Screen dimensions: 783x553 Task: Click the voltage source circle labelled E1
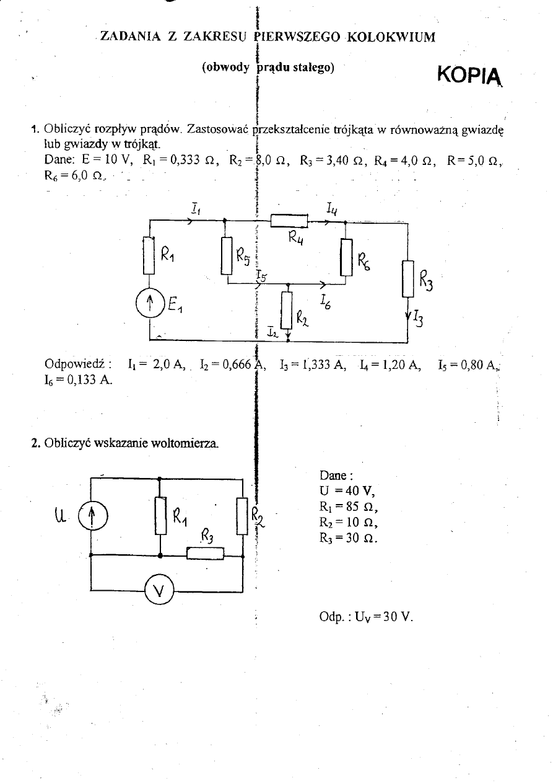[x=149, y=304]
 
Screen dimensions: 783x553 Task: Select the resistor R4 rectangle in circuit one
[x=289, y=221]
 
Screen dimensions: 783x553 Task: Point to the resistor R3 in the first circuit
[x=407, y=278]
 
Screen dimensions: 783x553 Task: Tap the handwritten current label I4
[x=331, y=206]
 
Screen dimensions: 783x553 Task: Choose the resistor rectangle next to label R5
[x=226, y=255]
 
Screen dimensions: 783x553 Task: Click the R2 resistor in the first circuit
[x=287, y=309]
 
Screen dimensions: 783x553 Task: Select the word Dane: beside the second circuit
[x=336, y=476]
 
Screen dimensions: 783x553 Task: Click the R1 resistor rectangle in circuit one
[x=149, y=254]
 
